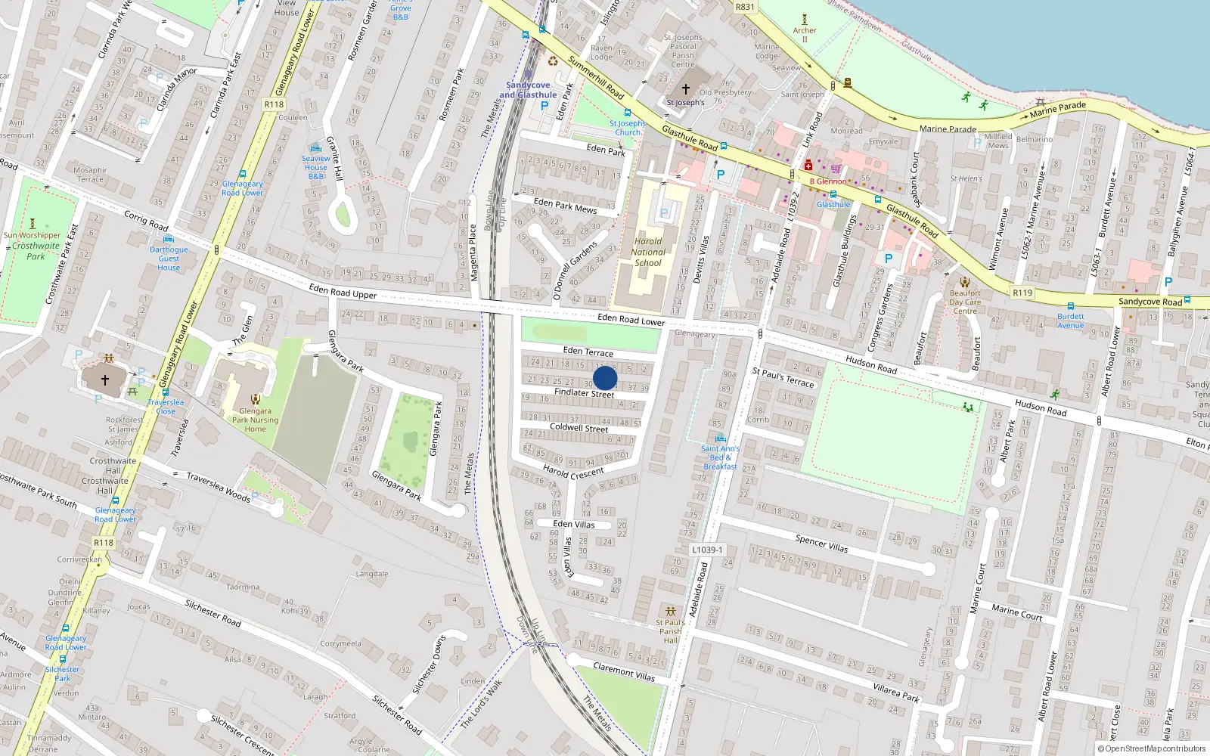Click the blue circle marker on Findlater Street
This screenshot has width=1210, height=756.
click(x=605, y=378)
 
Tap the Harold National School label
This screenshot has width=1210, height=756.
click(x=648, y=253)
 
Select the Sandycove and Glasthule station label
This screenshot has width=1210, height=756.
click(x=528, y=90)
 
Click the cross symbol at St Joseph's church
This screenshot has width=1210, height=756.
click(x=686, y=89)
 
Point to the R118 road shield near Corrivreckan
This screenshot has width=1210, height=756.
click(x=104, y=543)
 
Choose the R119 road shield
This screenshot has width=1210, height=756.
click(x=1022, y=293)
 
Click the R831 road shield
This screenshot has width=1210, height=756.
click(x=745, y=7)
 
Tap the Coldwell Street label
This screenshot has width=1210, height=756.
click(x=579, y=428)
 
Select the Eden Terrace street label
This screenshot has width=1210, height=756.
click(x=588, y=352)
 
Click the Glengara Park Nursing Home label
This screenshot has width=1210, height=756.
click(x=255, y=420)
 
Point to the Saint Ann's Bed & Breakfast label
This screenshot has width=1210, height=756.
click(x=720, y=457)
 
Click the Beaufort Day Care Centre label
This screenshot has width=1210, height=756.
click(x=965, y=302)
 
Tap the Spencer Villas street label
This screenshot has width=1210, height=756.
click(x=821, y=542)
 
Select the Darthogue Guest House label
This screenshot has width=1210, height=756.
click(x=169, y=259)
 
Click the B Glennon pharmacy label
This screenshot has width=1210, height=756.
click(x=828, y=181)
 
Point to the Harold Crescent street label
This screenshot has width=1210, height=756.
click(x=573, y=473)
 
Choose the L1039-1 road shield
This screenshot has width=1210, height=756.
click(x=707, y=550)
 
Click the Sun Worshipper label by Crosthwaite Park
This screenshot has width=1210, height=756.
click(x=32, y=235)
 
